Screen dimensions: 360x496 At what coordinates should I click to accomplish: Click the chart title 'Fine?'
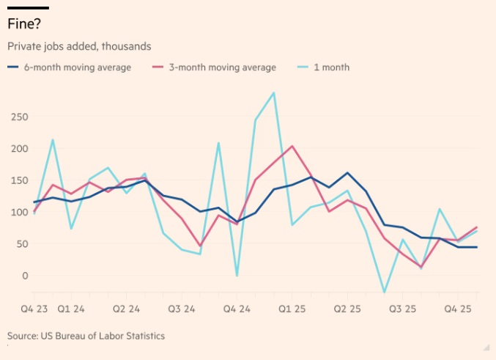24,24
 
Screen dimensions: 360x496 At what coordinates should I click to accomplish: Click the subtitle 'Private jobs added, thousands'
79,46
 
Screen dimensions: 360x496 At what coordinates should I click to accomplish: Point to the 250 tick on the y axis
20,117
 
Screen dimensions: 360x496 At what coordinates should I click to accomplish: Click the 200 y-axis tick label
20,149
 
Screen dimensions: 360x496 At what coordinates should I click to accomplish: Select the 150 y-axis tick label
20,180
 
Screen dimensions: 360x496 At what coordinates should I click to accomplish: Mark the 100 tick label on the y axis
20,213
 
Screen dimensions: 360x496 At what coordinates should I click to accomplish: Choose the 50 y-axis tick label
22,244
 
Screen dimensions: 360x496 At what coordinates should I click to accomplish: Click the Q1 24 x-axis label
72,309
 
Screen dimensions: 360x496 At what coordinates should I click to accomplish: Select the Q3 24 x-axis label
182,309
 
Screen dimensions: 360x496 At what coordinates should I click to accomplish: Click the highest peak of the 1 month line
274,93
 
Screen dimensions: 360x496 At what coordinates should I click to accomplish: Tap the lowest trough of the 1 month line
384,293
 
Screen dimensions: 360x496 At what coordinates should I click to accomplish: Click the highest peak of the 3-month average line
292,146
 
